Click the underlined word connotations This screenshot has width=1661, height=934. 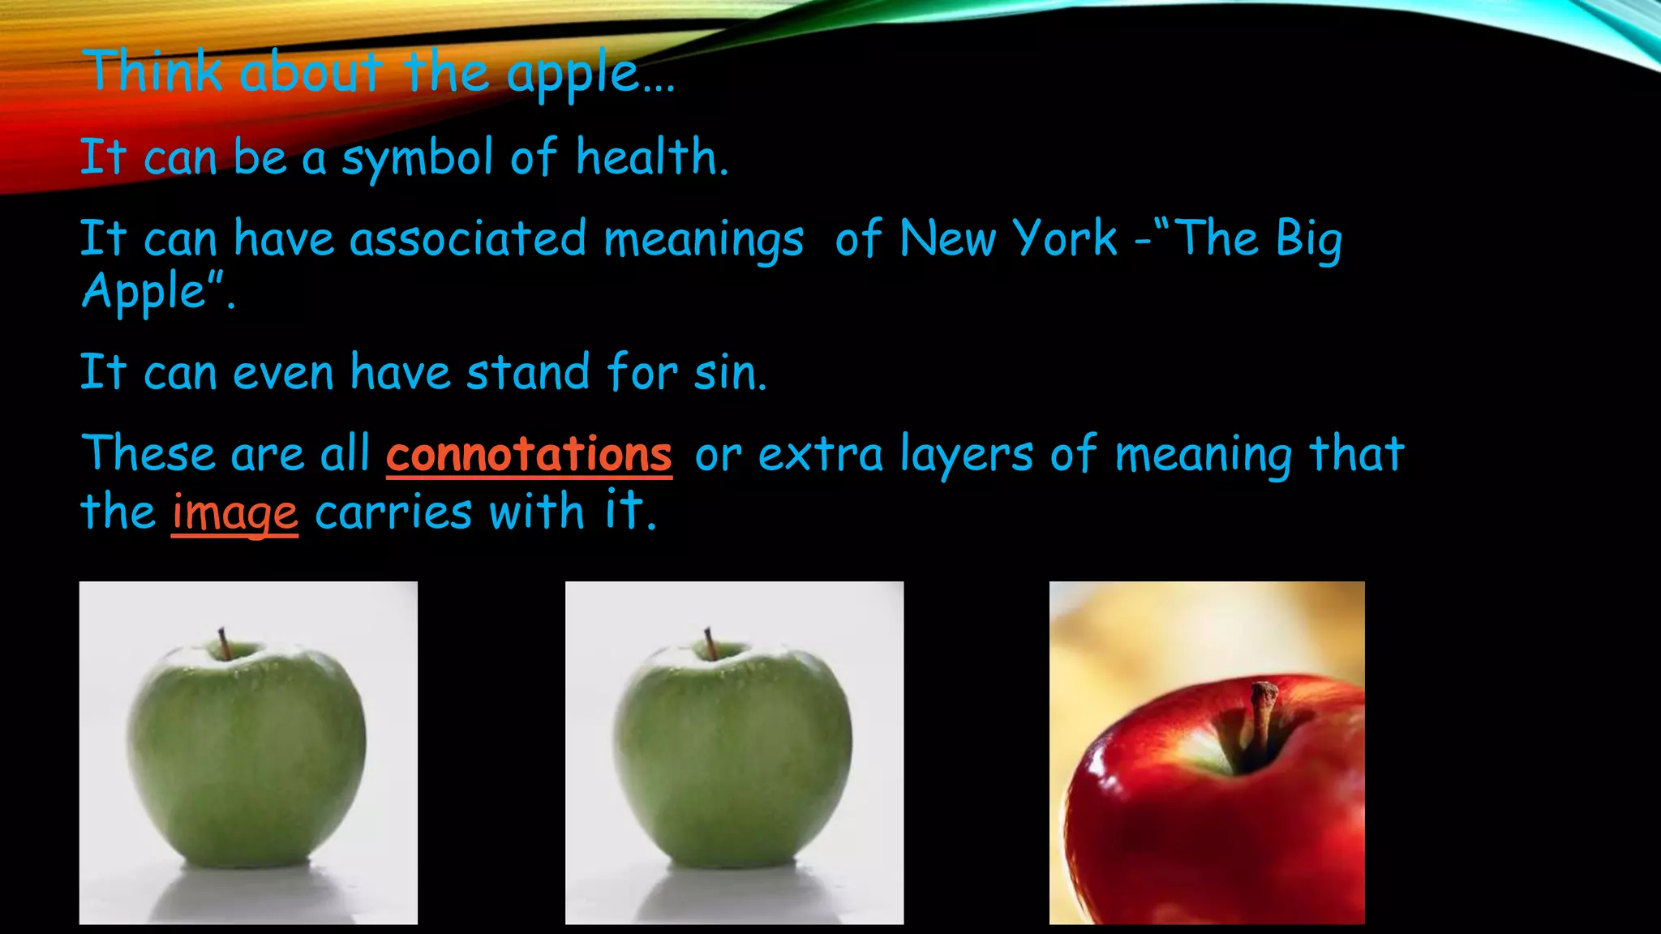tap(529, 454)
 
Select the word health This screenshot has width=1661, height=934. tap(651, 156)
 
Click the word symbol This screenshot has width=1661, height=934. tap(417, 158)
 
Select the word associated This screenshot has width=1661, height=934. tap(468, 239)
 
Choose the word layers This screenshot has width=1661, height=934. tap(967, 455)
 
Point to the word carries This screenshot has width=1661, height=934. tap(393, 513)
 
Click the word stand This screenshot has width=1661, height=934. tap(528, 373)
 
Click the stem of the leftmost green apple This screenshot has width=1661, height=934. tap(223, 643)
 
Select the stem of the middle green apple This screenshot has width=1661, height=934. tap(710, 643)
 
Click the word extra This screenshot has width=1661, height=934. tap(820, 455)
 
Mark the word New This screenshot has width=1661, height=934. tap(947, 239)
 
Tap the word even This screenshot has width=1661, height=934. tap(283, 373)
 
